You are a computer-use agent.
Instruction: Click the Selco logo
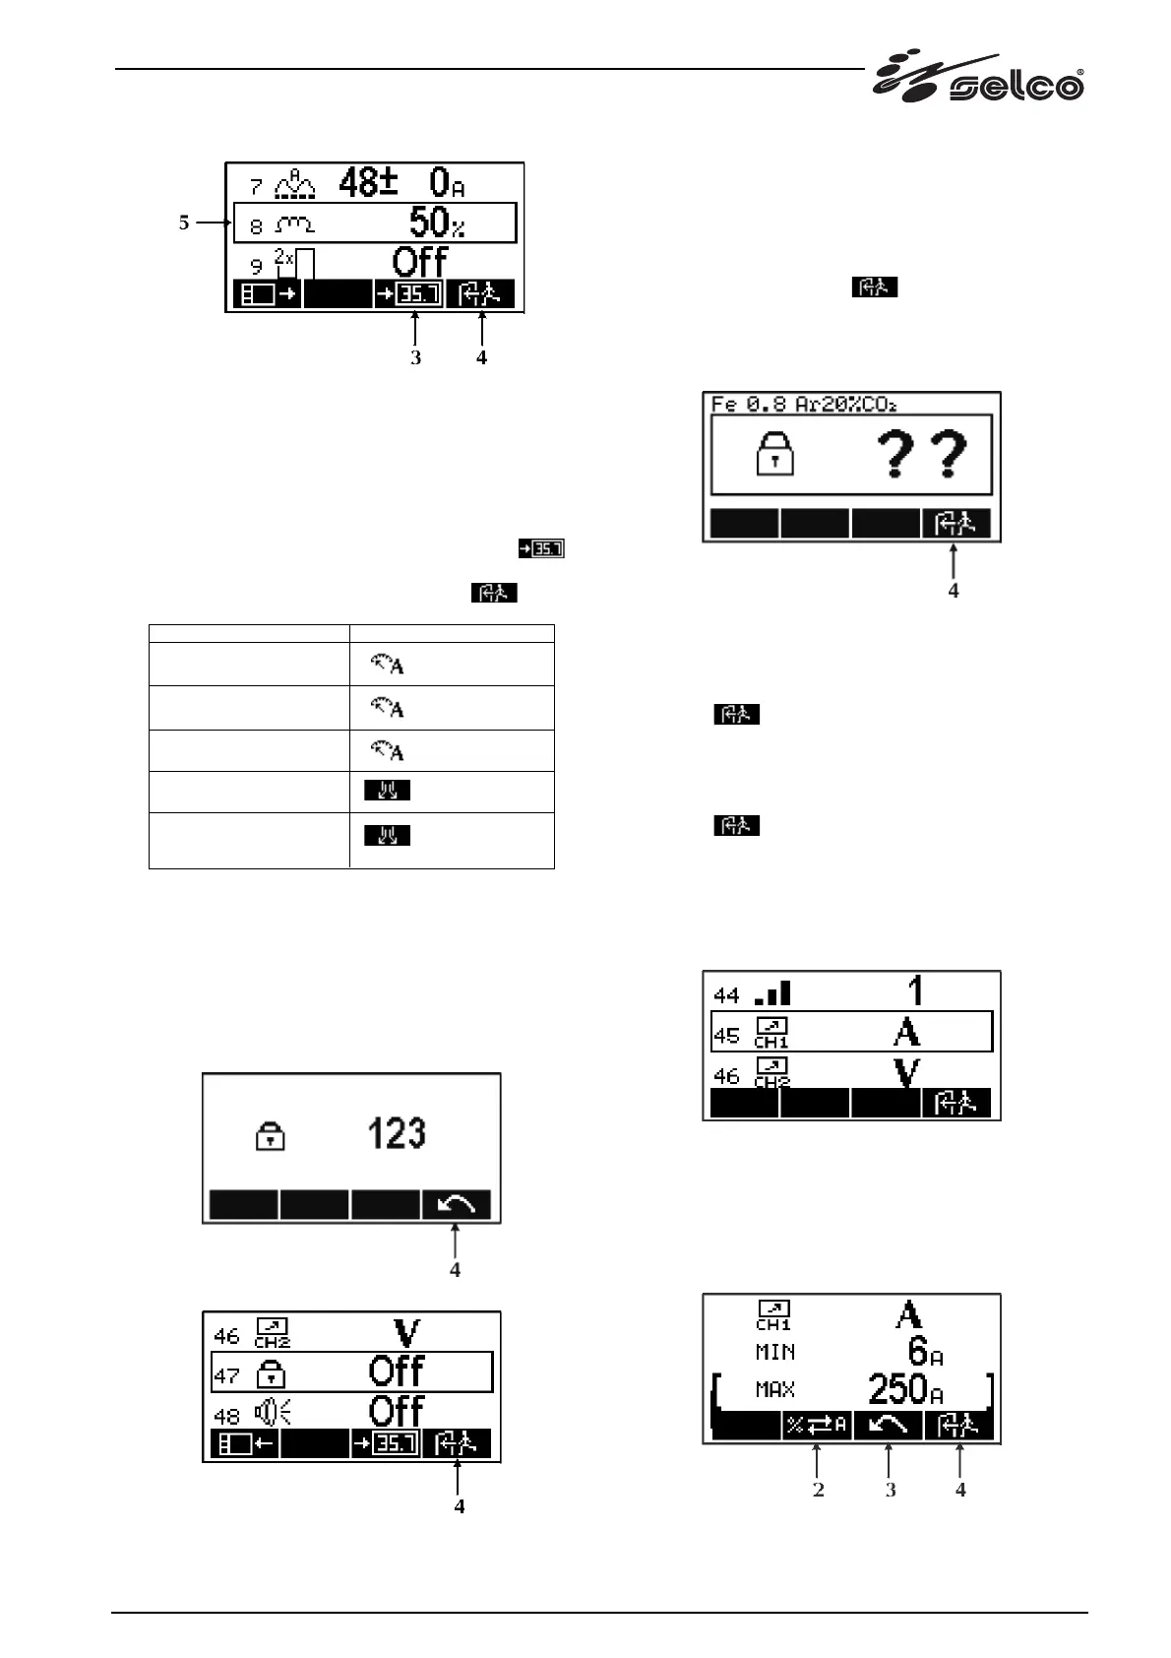point(979,80)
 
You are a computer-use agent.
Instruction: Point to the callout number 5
point(184,223)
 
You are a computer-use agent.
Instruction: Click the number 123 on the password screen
point(397,1134)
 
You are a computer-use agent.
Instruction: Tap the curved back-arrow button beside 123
point(457,1205)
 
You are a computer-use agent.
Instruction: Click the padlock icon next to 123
point(271,1137)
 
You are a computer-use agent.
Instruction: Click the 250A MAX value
point(905,1389)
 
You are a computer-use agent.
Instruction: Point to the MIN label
point(775,1353)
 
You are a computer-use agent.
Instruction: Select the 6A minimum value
point(924,1352)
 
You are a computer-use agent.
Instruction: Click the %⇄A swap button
point(816,1426)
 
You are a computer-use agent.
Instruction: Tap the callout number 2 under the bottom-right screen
point(818,1490)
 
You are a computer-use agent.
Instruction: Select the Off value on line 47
point(397,1371)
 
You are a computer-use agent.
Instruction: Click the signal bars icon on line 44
point(770,993)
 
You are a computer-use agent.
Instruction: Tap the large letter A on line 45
point(906,1033)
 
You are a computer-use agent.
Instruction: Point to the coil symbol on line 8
point(295,225)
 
